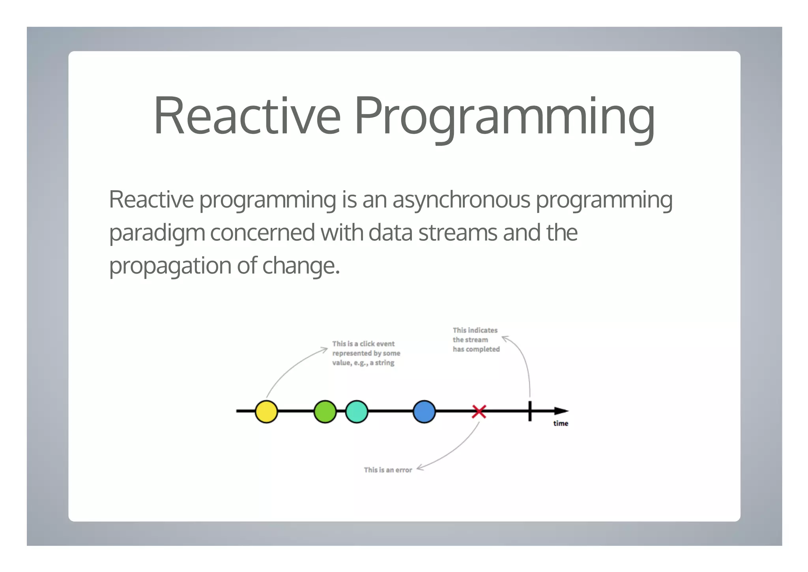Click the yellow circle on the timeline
click(266, 411)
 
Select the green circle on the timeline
click(325, 411)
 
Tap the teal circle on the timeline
click(357, 411)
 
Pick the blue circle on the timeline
click(424, 411)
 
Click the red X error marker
click(479, 411)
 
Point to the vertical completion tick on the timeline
click(530, 411)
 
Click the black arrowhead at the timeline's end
click(561, 411)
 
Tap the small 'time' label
click(561, 424)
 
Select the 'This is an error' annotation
click(388, 470)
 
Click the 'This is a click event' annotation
click(363, 344)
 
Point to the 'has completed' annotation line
click(476, 349)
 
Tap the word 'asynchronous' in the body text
click(461, 200)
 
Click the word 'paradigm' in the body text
click(157, 233)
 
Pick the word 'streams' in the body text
click(458, 233)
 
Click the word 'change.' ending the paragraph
click(301, 266)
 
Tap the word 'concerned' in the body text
click(262, 233)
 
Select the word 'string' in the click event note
click(385, 363)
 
